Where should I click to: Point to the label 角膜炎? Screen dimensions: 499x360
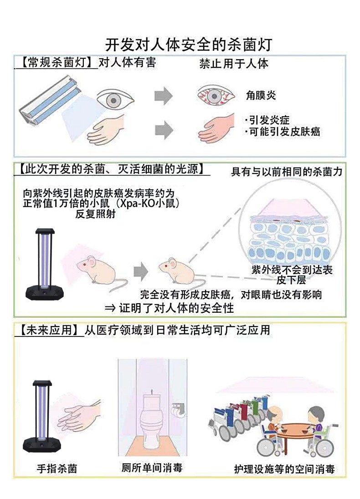262,96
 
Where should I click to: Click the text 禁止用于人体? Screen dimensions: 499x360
234,63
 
